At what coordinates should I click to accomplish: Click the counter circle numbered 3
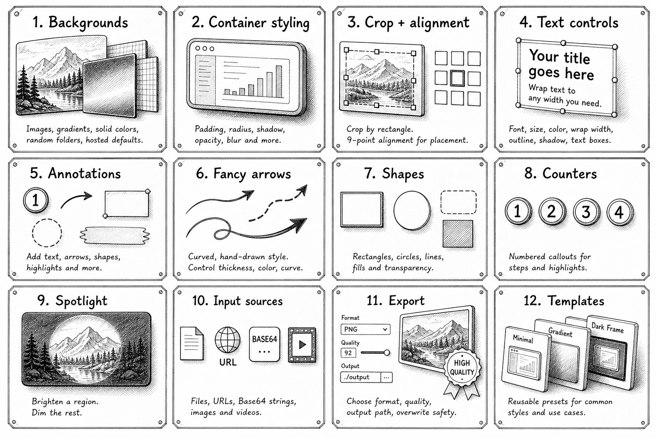[586, 212]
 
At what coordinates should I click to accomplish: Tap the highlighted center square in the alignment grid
[458, 78]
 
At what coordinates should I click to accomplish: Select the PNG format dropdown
[365, 329]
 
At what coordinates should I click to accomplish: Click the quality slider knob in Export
[387, 352]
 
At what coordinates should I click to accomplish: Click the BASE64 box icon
[265, 344]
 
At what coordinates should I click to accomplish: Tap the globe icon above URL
[228, 340]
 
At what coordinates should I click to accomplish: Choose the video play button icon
[302, 345]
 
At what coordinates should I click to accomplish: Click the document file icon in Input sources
[192, 343]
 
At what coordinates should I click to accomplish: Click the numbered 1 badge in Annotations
[36, 200]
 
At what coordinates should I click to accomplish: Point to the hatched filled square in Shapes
[458, 234]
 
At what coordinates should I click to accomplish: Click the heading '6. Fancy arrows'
[243, 174]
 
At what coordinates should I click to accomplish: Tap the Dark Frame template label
[607, 328]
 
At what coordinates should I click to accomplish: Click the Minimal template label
[523, 339]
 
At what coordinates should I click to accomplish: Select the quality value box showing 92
[349, 352]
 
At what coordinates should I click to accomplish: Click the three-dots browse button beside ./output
[386, 377]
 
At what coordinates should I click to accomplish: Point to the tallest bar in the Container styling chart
[278, 82]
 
